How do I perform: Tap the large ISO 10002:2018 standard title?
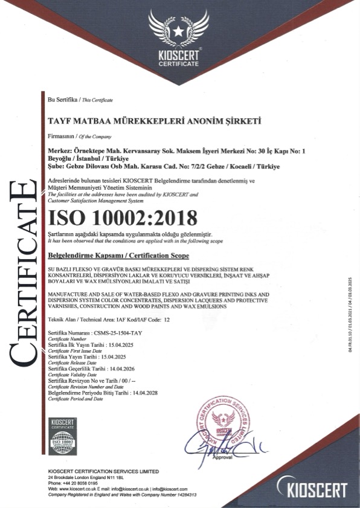click(123, 216)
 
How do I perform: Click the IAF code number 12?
click(167, 318)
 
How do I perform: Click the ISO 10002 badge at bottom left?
click(61, 436)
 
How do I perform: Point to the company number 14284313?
click(184, 494)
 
